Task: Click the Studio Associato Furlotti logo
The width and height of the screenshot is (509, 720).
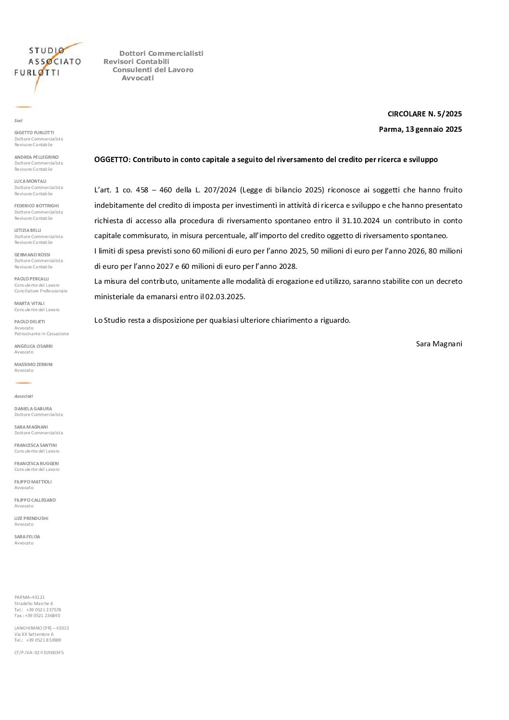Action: [x=48, y=63]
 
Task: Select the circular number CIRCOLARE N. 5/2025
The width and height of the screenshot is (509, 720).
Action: [x=424, y=114]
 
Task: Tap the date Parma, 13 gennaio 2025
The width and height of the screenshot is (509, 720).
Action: [x=420, y=129]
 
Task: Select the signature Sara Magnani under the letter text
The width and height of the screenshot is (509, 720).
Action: [x=439, y=343]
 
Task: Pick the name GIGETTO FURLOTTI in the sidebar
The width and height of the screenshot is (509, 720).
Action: [x=34, y=133]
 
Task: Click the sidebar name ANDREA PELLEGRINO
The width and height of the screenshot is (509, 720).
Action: [x=37, y=157]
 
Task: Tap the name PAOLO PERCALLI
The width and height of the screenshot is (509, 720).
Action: [x=32, y=279]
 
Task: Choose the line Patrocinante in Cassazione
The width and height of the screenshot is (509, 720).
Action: [x=41, y=334]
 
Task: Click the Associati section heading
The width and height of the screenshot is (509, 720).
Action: [x=24, y=396]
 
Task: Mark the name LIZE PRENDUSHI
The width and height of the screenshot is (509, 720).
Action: [x=31, y=518]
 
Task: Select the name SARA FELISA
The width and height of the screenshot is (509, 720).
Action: [x=27, y=537]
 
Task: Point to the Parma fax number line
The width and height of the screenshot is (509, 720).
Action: [x=37, y=616]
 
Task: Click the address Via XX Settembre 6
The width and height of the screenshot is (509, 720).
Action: [x=34, y=634]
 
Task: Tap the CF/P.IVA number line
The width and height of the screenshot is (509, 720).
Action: [x=39, y=653]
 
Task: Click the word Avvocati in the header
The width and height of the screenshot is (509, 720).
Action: [x=138, y=78]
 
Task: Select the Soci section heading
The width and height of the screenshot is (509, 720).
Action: [x=18, y=121]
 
